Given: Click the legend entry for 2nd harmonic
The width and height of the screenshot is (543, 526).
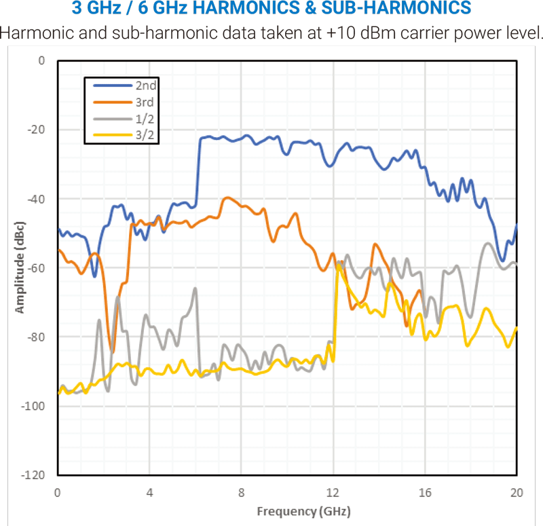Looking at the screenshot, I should point(146,86).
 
